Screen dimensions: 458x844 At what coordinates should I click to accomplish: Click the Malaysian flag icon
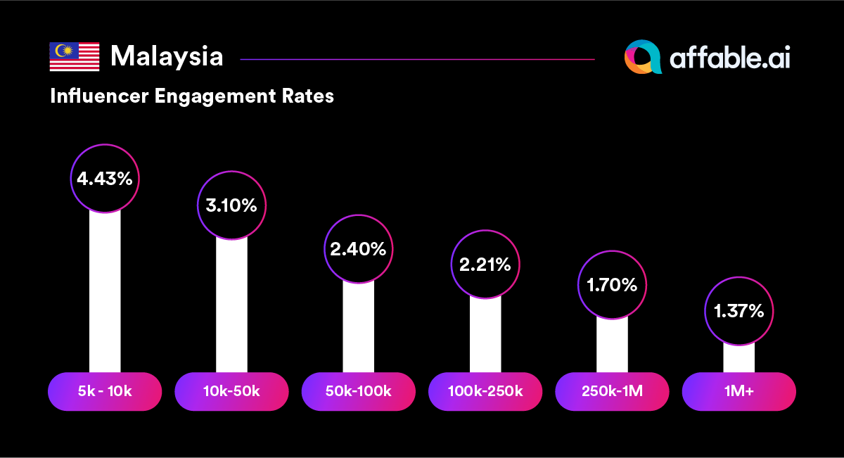coord(74,57)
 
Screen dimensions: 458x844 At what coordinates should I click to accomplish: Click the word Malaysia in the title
coord(167,56)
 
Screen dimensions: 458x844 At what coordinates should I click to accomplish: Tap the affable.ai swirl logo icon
coord(643,57)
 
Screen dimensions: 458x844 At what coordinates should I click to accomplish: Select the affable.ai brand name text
coord(730,58)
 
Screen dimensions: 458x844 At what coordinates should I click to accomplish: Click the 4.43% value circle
coord(105,179)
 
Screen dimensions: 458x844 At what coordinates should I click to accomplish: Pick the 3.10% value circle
coord(231,205)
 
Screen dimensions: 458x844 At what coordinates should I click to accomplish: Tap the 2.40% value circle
coord(358,248)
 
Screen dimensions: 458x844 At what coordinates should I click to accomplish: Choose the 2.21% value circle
coord(485,265)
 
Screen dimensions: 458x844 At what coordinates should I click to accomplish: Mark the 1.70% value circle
coord(612,285)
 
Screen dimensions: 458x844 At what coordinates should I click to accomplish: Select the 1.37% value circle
coord(738,311)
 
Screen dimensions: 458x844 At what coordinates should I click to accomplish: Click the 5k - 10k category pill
coord(105,391)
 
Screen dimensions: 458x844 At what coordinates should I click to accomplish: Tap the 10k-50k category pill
coord(231,391)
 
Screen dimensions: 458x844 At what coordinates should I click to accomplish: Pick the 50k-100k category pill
coord(358,391)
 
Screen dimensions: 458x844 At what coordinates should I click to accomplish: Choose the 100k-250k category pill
coord(485,391)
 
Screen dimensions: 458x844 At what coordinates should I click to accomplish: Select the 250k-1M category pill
coord(612,391)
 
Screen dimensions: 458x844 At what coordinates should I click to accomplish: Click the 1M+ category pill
coord(738,391)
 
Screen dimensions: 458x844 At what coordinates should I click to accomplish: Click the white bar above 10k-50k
coord(231,306)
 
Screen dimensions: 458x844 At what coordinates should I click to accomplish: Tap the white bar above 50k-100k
coord(358,327)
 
